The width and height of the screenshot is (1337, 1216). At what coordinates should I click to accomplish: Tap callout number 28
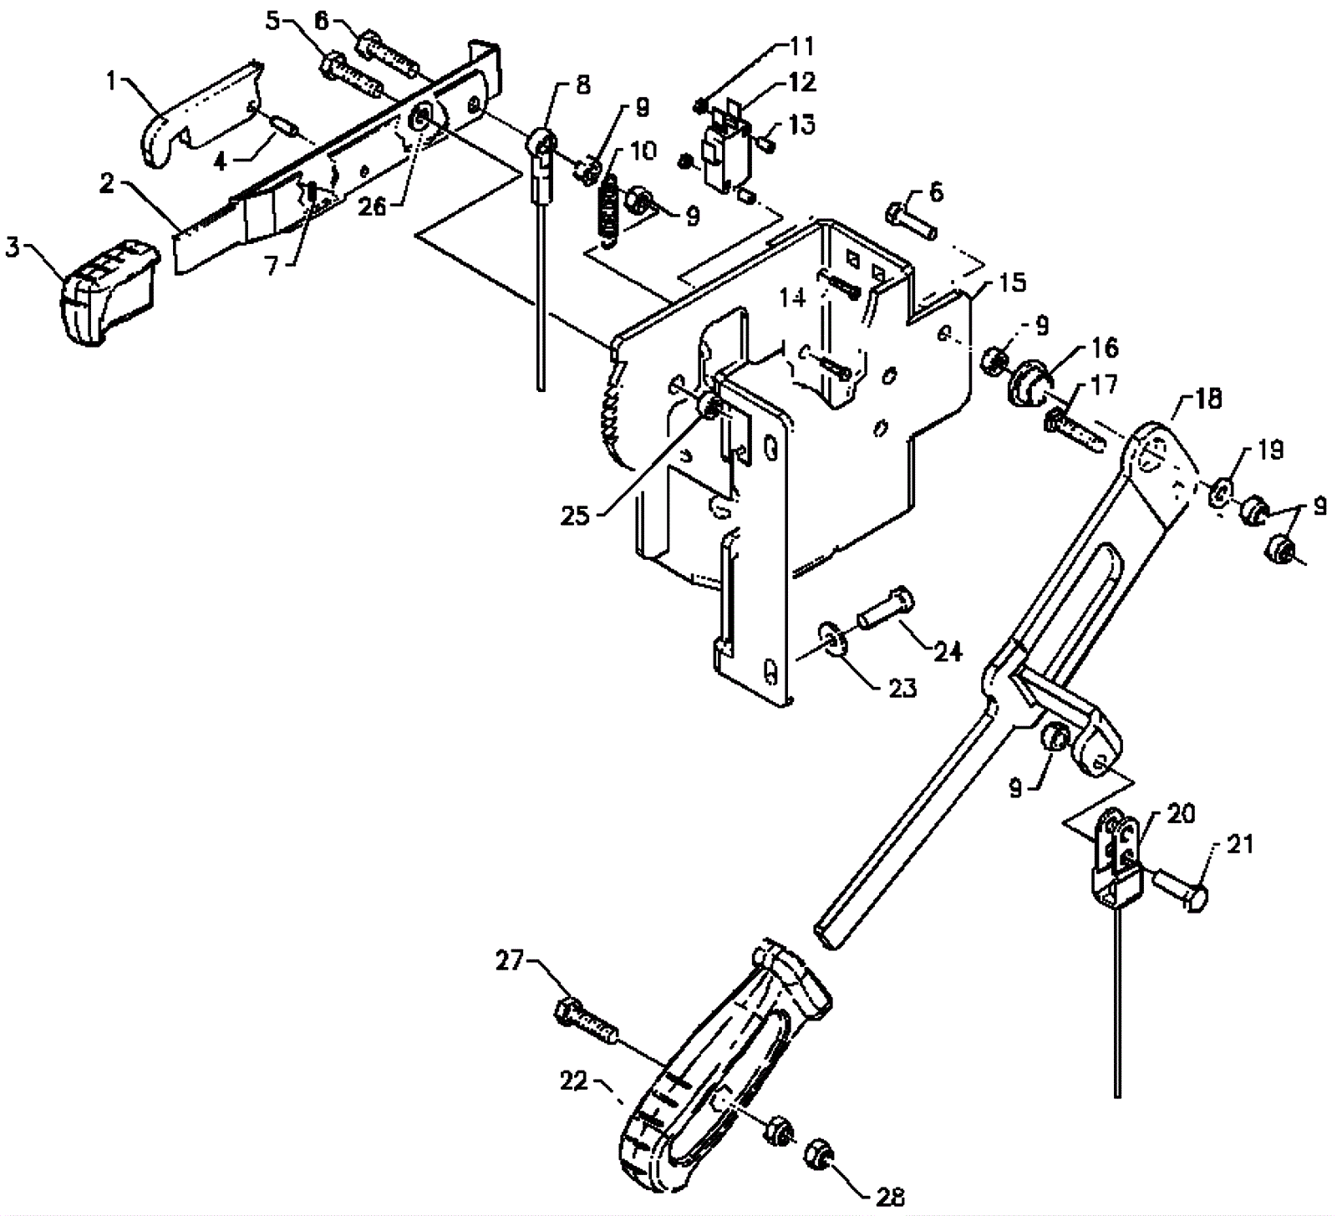point(890,1197)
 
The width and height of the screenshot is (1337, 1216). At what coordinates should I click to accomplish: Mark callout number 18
point(1206,399)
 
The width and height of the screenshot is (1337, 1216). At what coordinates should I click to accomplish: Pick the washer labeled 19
point(1220,494)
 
